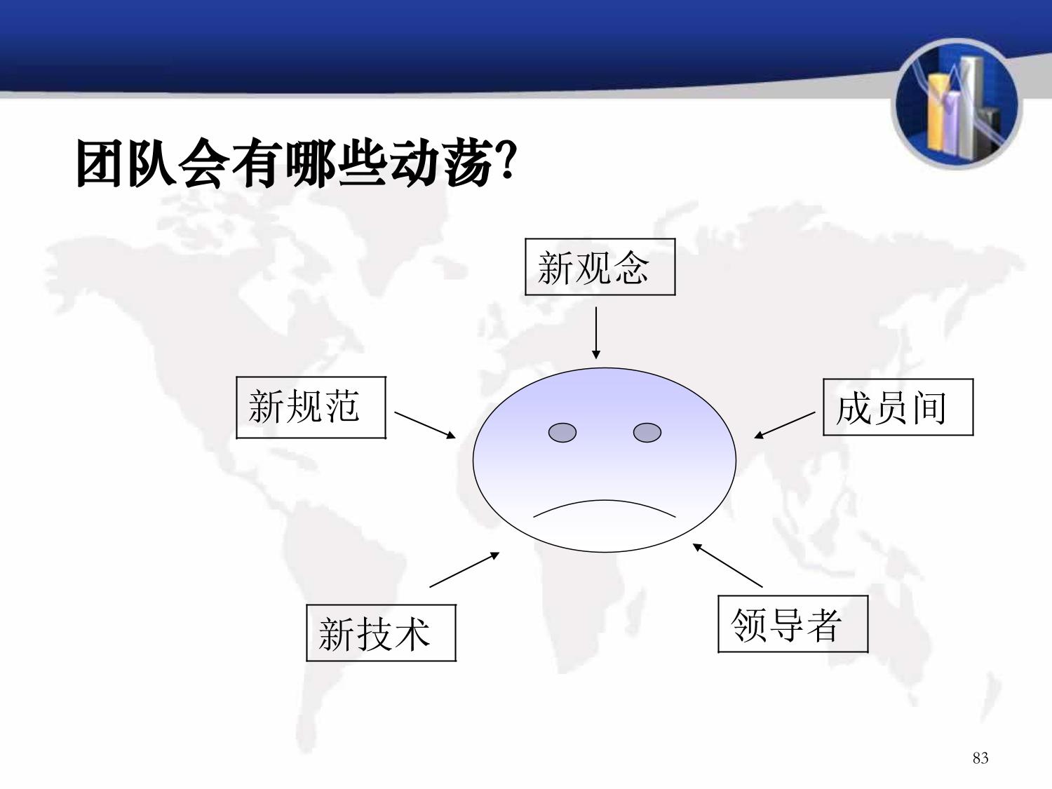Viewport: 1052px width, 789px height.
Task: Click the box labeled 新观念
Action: coord(600,267)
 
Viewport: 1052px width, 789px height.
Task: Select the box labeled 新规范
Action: coord(311,407)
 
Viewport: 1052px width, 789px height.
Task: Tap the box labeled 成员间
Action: coord(898,407)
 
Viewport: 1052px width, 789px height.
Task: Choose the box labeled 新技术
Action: coord(381,633)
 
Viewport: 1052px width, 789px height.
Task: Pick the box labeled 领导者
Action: coord(793,624)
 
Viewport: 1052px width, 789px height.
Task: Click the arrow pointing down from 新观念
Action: coord(595,333)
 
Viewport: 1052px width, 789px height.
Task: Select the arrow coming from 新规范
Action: coord(424,425)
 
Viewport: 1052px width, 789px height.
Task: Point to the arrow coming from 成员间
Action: coord(785,425)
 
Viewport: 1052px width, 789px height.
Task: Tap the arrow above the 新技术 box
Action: coord(464,569)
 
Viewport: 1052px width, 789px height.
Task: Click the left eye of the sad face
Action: coord(562,433)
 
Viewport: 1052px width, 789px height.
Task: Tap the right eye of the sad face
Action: coord(647,433)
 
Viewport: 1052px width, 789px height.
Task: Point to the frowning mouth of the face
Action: coord(605,501)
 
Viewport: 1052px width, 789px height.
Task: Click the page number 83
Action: coord(980,758)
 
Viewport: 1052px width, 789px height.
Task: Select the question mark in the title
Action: coord(506,160)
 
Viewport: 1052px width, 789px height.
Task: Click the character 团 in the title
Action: coord(99,163)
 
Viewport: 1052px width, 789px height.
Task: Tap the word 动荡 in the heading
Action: coord(442,163)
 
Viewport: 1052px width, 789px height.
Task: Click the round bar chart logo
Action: coord(957,104)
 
